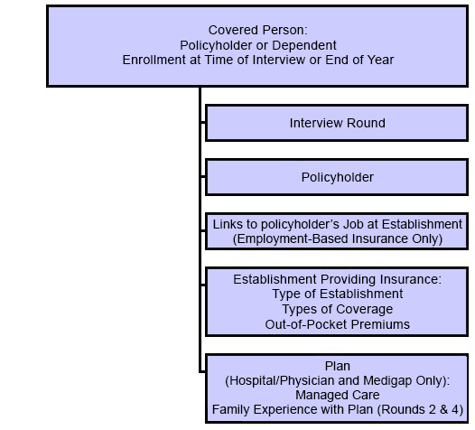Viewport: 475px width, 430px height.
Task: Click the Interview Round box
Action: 337,123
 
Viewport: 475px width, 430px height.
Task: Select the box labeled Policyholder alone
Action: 337,177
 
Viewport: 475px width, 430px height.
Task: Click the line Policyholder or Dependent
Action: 258,44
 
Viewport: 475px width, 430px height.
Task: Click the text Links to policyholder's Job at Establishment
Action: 337,224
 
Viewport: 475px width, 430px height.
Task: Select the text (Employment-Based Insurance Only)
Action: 337,238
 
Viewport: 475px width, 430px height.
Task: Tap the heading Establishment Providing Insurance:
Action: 337,279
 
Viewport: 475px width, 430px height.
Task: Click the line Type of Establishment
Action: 337,294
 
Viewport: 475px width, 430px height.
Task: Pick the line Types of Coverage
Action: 337,309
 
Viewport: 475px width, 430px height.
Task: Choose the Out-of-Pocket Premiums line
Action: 337,323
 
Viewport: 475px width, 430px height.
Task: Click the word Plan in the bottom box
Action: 337,366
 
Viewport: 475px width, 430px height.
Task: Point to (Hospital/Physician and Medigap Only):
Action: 337,380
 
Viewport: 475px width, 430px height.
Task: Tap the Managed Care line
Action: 337,395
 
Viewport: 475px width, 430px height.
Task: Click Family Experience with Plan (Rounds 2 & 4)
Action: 337,409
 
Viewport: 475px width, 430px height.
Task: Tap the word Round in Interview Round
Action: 366,123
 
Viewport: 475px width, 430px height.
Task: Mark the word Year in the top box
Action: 379,60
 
